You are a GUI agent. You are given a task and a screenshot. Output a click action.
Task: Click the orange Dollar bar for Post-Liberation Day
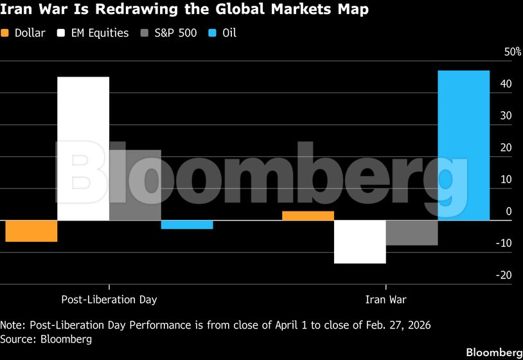[x=31, y=231]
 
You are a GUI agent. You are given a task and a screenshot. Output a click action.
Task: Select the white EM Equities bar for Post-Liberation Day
[x=84, y=148]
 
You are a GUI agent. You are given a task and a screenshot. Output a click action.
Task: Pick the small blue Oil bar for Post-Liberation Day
[x=187, y=224]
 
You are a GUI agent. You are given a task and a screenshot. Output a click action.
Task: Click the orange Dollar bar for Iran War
[x=308, y=216]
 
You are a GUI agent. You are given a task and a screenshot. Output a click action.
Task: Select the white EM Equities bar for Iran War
[x=360, y=242]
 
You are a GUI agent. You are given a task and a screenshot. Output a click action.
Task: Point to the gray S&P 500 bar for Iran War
[x=412, y=233]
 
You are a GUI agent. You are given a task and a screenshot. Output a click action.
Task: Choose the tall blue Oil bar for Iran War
[x=463, y=145]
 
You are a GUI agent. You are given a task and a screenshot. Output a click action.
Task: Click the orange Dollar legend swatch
[x=6, y=33]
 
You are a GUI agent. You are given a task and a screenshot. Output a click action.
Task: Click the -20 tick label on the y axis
[x=504, y=275]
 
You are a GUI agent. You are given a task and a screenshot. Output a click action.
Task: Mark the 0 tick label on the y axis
[x=509, y=212]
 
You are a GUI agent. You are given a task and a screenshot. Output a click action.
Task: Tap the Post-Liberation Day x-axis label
[x=109, y=300]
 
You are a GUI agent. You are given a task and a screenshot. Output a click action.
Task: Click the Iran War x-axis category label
[x=386, y=300]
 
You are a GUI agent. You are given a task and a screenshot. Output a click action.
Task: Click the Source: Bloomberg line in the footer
[x=46, y=339]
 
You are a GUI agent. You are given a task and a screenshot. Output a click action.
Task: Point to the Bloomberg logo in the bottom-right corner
[x=493, y=352]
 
